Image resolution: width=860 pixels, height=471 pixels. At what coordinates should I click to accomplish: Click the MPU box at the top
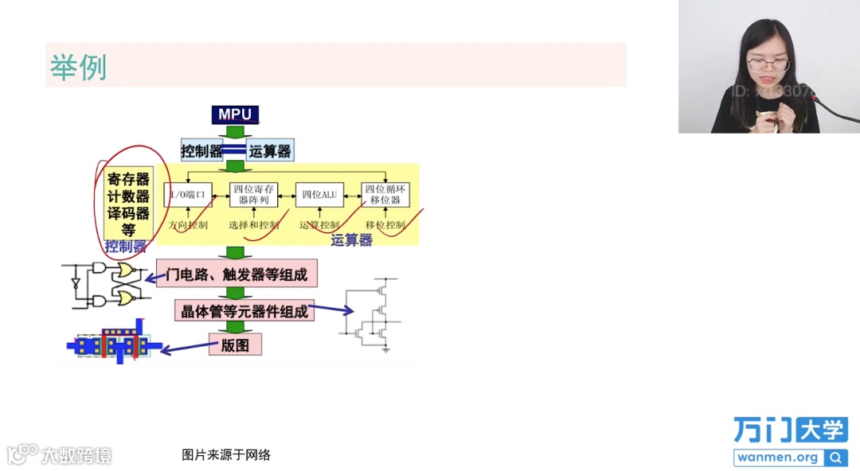[x=235, y=115]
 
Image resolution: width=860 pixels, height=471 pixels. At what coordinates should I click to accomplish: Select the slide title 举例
[x=78, y=67]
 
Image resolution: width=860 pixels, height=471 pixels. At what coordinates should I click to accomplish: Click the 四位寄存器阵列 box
[x=254, y=194]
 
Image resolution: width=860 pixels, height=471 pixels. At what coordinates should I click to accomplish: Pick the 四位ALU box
[x=319, y=194]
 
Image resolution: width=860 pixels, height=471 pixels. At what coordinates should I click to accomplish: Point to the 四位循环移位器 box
[x=385, y=194]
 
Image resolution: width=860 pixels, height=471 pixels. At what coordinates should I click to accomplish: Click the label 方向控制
[x=189, y=225]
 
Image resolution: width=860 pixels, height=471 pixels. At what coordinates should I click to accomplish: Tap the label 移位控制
[x=386, y=225]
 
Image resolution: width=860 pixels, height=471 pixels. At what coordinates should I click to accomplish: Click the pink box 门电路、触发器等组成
[x=237, y=274]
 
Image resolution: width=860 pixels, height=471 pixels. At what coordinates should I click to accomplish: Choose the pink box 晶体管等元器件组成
[x=244, y=311]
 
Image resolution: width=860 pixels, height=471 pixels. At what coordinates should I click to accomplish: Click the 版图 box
[x=235, y=345]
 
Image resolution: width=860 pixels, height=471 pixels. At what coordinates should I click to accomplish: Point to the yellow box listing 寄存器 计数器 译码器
[x=128, y=204]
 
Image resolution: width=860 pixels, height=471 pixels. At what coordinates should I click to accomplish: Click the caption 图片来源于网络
[x=226, y=455]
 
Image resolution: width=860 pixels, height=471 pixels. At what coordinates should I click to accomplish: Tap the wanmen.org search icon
[x=835, y=457]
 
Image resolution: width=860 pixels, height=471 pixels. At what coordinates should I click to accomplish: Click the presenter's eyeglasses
[x=768, y=65]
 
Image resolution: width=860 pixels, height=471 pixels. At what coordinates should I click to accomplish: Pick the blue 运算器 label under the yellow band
[x=351, y=240]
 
